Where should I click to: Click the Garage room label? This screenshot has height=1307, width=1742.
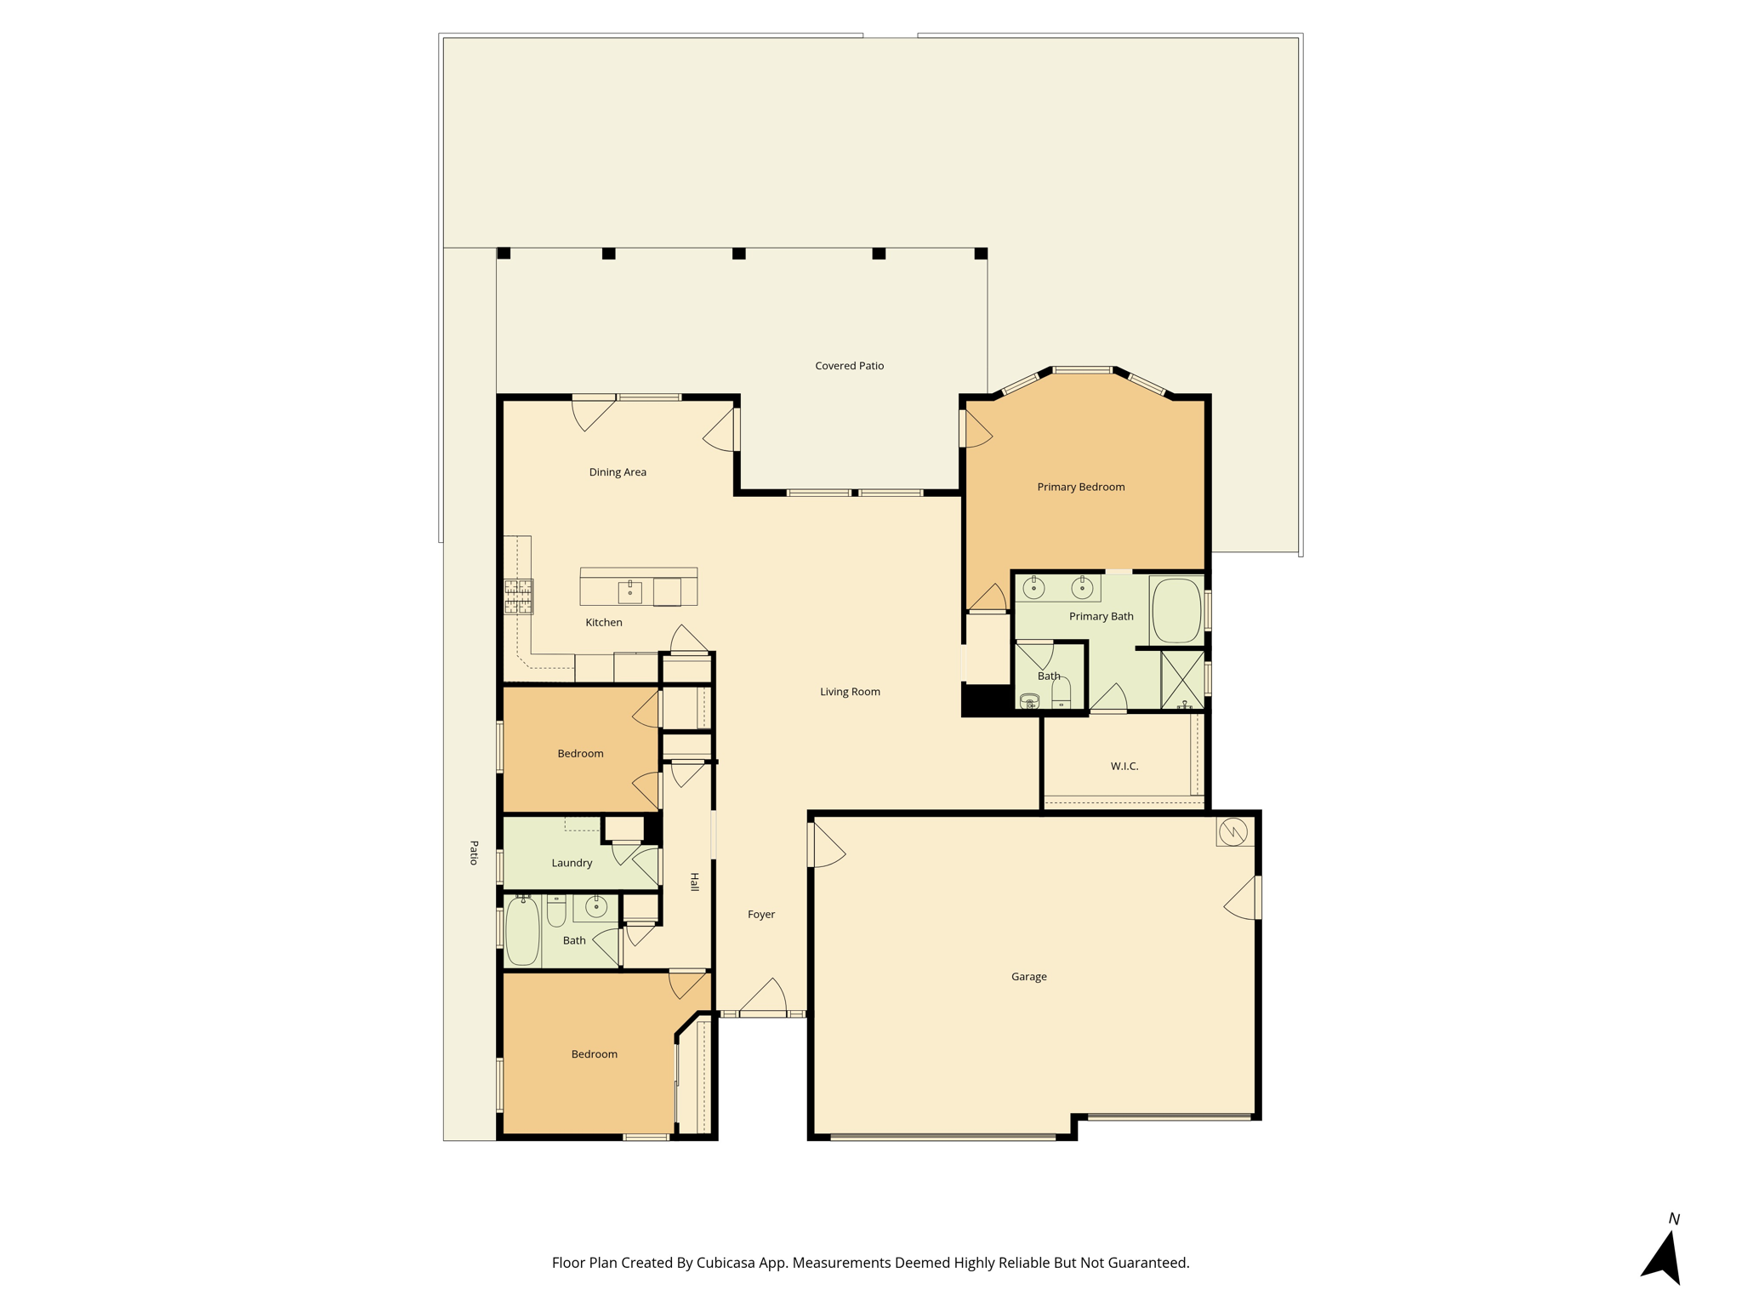pyautogui.click(x=1028, y=977)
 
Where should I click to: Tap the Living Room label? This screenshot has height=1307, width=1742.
pyautogui.click(x=850, y=692)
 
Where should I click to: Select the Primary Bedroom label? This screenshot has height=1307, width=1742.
pyautogui.click(x=1080, y=487)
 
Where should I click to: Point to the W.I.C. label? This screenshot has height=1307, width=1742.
pyautogui.click(x=1124, y=766)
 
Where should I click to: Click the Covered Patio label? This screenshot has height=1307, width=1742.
pyautogui.click(x=849, y=366)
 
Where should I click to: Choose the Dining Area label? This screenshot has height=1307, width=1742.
pyautogui.click(x=618, y=472)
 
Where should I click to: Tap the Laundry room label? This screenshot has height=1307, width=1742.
pyautogui.click(x=572, y=863)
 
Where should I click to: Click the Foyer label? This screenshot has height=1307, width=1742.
pyautogui.click(x=761, y=915)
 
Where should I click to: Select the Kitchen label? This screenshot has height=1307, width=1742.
pyautogui.click(x=604, y=623)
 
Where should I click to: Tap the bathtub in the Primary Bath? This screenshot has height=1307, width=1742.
pyautogui.click(x=1176, y=611)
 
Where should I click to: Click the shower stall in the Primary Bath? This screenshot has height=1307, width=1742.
pyautogui.click(x=1182, y=680)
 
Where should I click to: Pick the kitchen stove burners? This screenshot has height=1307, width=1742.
pyautogui.click(x=518, y=596)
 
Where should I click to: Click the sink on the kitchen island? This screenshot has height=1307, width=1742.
pyautogui.click(x=629, y=591)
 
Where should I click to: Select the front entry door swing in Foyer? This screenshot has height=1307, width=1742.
pyautogui.click(x=763, y=996)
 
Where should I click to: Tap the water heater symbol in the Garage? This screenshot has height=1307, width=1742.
pyautogui.click(x=1232, y=832)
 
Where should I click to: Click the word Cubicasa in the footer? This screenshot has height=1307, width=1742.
pyautogui.click(x=726, y=1263)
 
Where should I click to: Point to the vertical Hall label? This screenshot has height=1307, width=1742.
pyautogui.click(x=694, y=882)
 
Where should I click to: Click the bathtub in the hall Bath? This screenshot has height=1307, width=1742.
pyautogui.click(x=523, y=932)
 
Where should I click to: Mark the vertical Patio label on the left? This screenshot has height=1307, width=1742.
pyautogui.click(x=474, y=853)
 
